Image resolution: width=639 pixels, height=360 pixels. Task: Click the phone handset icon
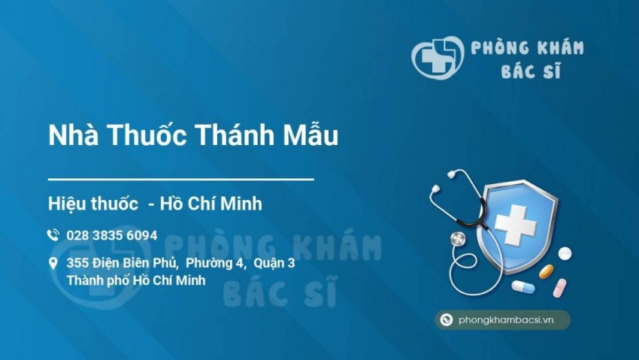[x=53, y=235]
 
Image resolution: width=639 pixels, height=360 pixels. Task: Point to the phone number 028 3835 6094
[x=111, y=235]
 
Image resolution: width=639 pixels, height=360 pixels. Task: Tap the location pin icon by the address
[x=53, y=263]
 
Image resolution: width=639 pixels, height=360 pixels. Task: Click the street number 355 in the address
[x=77, y=263]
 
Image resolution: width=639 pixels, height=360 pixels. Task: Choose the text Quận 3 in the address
[x=274, y=263]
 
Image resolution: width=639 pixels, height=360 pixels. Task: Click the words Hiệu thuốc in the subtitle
[x=92, y=203]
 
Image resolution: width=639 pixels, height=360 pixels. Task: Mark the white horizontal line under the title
[x=180, y=180]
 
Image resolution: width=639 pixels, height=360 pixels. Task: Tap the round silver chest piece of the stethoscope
[x=458, y=240]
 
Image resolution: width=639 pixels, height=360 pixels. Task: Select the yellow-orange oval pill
[x=547, y=271]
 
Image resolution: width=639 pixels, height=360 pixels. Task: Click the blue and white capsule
[x=523, y=287]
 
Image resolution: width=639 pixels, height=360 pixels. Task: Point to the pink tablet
[x=559, y=288]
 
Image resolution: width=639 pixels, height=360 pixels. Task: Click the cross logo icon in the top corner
[x=436, y=56]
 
